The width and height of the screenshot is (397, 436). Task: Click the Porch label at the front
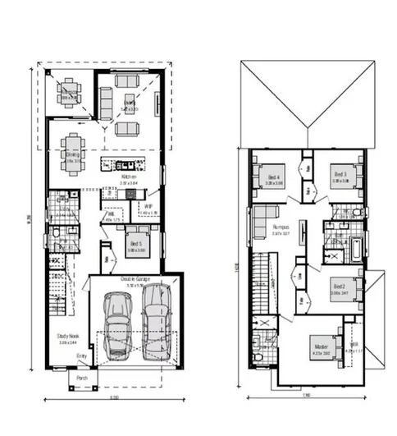coord(82,379)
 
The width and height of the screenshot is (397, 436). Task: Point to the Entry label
coord(81,355)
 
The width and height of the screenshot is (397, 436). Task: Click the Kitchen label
coord(128,177)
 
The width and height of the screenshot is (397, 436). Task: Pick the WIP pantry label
coord(148,206)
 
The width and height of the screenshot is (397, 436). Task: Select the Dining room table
coord(72,154)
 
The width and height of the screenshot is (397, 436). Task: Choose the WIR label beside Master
coord(355,346)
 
